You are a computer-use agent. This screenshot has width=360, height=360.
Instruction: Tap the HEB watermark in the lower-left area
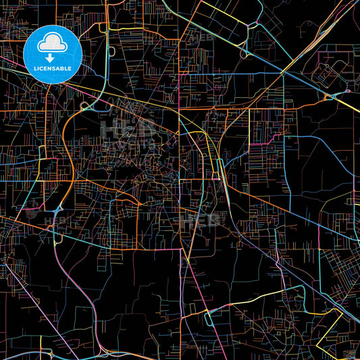coord(55,220)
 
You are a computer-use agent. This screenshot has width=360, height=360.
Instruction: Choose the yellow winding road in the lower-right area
coord(270,297)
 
